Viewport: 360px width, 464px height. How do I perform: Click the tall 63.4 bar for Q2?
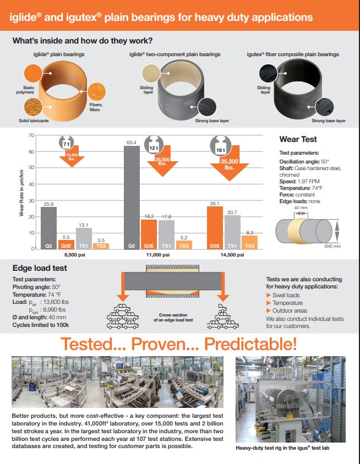coord(132,198)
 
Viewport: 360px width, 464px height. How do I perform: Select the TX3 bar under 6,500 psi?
coord(101,246)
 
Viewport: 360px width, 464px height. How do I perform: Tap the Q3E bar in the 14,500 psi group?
coord(215,228)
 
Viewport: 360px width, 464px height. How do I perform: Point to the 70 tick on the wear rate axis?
coord(31,135)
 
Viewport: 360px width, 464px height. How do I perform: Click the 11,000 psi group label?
coord(158,255)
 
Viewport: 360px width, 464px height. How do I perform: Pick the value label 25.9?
coord(48,204)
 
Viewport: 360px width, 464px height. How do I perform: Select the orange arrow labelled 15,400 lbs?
coord(72,156)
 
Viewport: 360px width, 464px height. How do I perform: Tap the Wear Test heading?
coord(298,139)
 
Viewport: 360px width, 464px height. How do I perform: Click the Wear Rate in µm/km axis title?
coord(21,193)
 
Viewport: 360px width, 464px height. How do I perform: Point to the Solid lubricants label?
coord(34,121)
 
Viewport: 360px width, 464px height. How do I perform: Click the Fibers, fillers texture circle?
coord(96,91)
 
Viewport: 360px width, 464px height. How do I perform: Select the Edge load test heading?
coord(40,268)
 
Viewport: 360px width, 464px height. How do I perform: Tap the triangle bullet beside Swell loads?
coord(269,295)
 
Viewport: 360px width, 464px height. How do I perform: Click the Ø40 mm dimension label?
coord(332,246)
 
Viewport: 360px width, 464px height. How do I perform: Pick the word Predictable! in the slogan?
coord(250,344)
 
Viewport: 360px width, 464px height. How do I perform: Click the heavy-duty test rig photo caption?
coord(282,448)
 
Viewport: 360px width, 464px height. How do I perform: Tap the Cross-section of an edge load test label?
coord(173,317)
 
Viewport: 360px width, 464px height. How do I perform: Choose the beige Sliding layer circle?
coord(151,73)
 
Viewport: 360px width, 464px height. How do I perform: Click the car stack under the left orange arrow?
coord(123,316)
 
